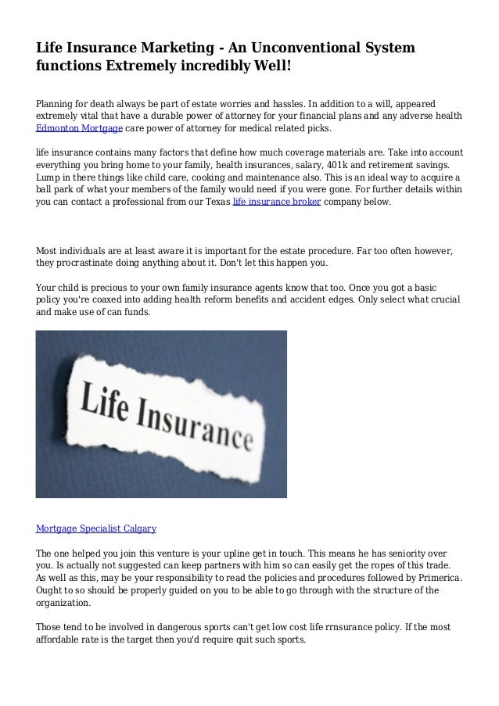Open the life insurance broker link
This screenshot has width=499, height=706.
[277, 202]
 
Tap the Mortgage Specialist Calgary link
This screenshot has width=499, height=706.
[96, 529]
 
